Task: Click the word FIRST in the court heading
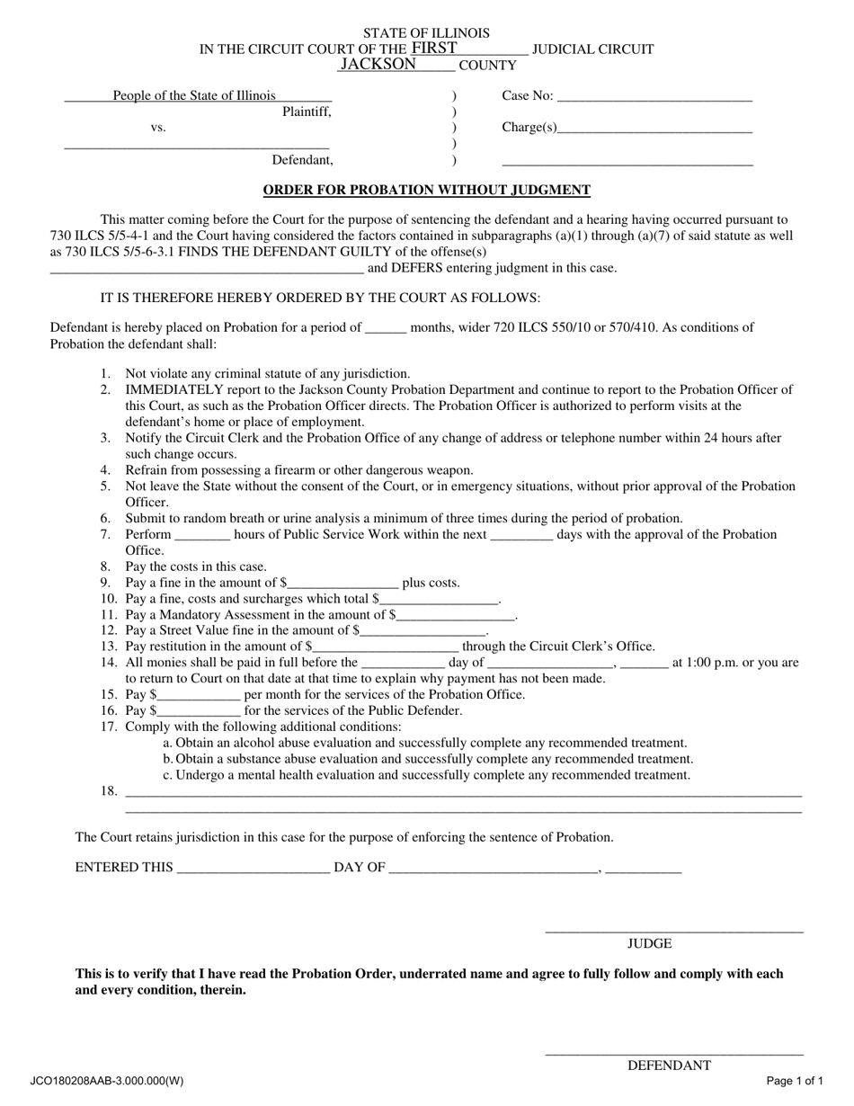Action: [x=434, y=49]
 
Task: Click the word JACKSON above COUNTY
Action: [x=378, y=65]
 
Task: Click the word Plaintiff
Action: [x=307, y=112]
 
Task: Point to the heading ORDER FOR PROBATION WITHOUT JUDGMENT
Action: [x=426, y=190]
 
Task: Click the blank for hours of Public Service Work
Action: [x=202, y=536]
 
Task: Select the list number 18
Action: [x=109, y=791]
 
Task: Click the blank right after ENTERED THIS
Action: [x=254, y=869]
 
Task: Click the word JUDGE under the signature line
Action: [x=649, y=943]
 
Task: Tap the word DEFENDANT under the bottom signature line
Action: [x=669, y=1066]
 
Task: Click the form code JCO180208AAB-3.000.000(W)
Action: [x=107, y=1081]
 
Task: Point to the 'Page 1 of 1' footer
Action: [x=795, y=1081]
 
